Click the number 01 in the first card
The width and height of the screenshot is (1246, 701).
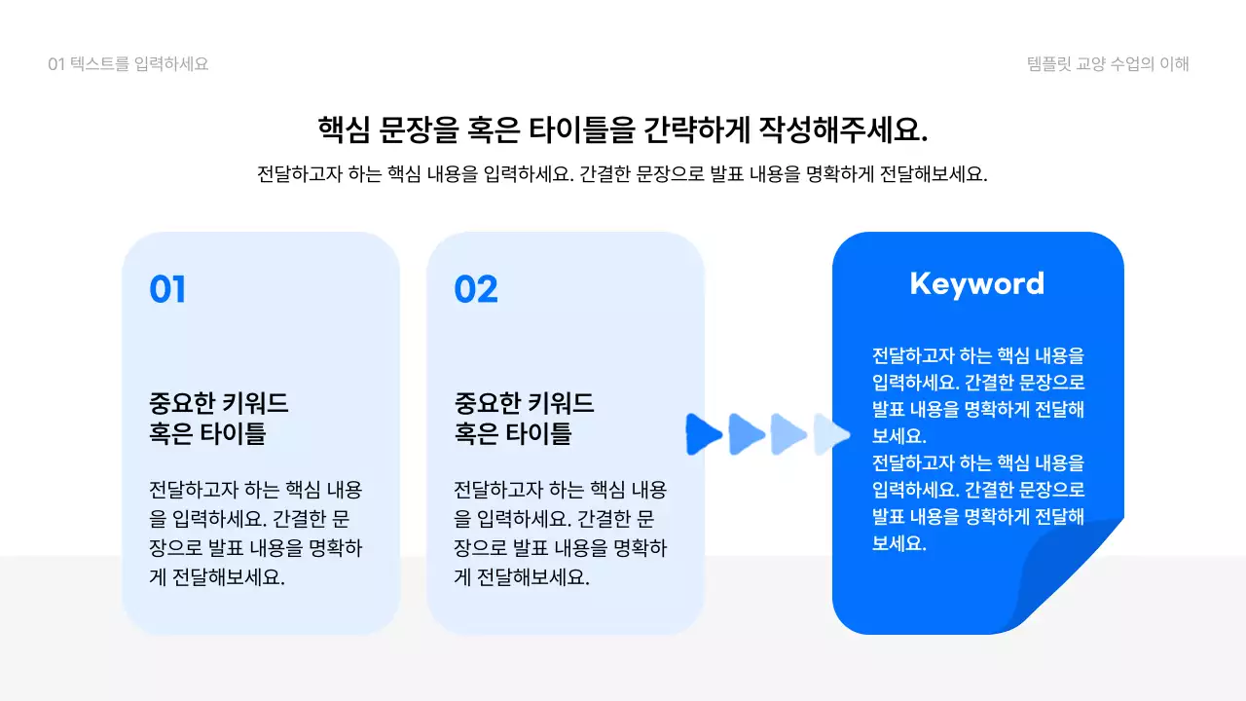click(x=167, y=289)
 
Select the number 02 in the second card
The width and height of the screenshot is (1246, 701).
click(x=476, y=289)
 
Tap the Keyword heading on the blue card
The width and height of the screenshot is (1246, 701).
click(x=976, y=283)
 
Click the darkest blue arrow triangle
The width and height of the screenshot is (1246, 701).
click(x=703, y=433)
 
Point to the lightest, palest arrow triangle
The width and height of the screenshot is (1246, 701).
click(x=830, y=434)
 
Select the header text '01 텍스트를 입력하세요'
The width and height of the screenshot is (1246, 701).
click(x=128, y=64)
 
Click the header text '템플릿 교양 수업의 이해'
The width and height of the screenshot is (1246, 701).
click(x=1108, y=64)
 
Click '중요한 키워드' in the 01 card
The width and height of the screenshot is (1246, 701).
click(x=219, y=403)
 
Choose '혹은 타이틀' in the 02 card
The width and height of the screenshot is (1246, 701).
click(x=513, y=434)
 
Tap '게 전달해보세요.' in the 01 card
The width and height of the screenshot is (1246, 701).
click(x=217, y=576)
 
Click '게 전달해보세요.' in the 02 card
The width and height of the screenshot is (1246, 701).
click(x=523, y=576)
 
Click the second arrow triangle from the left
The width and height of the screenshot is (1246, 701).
click(x=746, y=433)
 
